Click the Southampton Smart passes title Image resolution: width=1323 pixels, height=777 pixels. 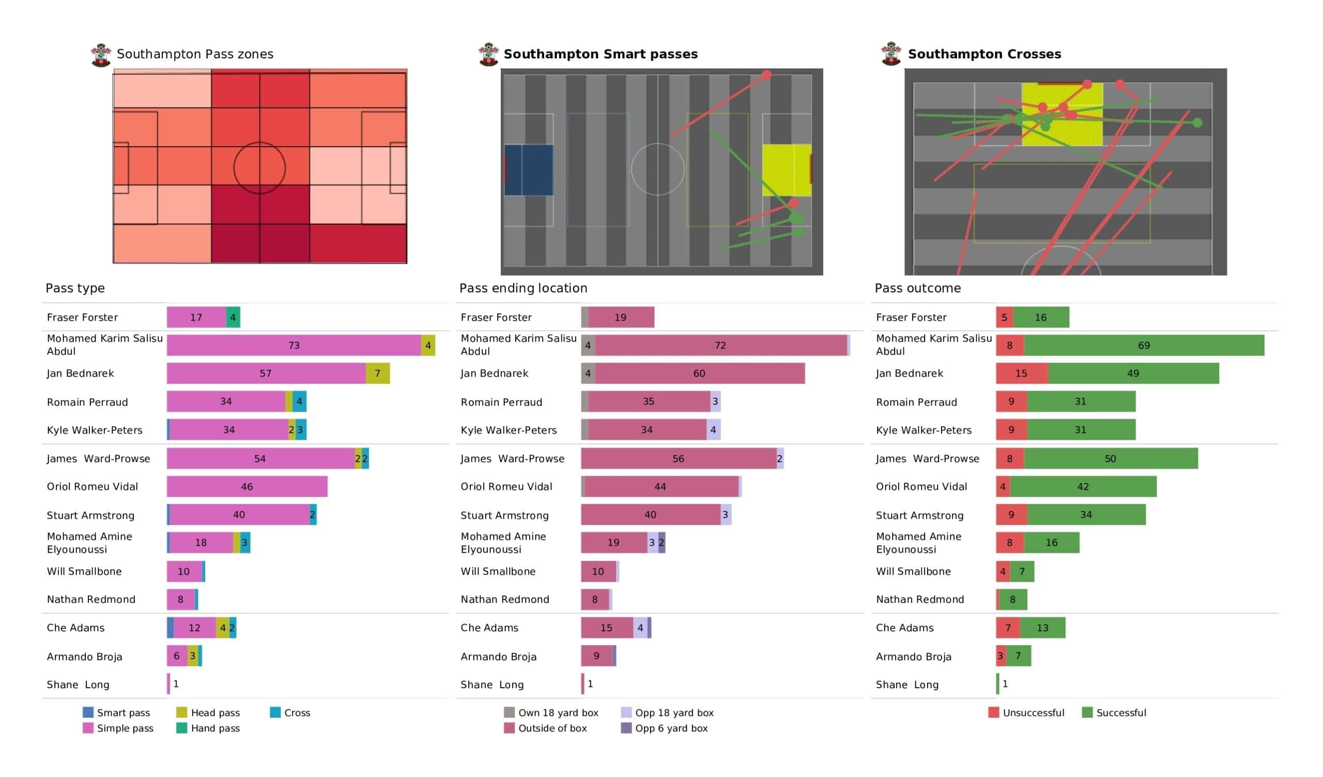click(x=601, y=54)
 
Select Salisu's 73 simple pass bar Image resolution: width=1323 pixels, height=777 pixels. click(x=294, y=346)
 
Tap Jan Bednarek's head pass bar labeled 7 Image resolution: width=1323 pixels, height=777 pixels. click(x=377, y=374)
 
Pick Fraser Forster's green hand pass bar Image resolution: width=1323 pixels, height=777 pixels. click(x=233, y=317)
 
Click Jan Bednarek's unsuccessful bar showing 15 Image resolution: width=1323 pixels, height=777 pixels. click(x=1022, y=374)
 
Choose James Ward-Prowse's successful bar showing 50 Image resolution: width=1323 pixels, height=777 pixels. click(x=1111, y=458)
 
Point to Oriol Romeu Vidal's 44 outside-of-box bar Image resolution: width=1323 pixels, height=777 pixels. click(x=661, y=487)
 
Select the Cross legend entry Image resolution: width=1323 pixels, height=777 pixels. click(x=290, y=712)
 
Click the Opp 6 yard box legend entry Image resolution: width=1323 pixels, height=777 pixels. click(x=665, y=728)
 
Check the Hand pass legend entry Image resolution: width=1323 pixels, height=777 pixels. click(x=208, y=728)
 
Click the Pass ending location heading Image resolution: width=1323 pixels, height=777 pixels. click(x=523, y=288)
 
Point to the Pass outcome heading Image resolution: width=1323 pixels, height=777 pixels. click(x=918, y=288)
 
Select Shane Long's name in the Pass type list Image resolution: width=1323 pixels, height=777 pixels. click(x=78, y=685)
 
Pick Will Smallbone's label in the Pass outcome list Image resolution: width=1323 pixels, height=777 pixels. click(x=913, y=571)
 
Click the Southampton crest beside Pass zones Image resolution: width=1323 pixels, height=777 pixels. click(x=101, y=55)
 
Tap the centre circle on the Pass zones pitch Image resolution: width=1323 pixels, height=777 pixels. click(x=259, y=168)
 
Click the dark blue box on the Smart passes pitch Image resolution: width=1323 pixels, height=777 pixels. click(x=529, y=170)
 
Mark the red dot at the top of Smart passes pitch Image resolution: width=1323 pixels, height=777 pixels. click(x=766, y=75)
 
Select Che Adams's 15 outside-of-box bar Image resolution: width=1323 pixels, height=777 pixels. click(x=606, y=627)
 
